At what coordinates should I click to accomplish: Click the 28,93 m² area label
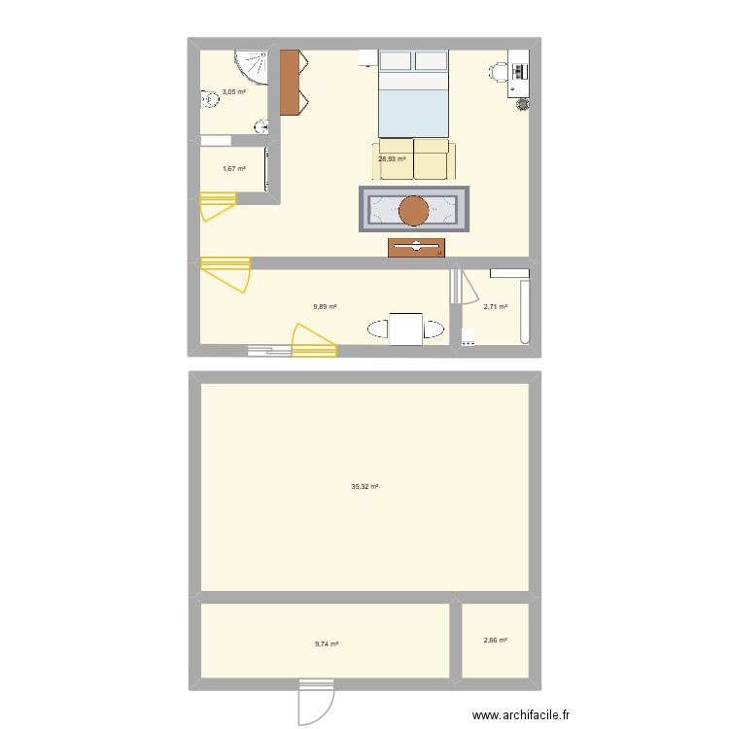392,158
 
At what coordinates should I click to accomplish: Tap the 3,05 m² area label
233,92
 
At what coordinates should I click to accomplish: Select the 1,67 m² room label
233,169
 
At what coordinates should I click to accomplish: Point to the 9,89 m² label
325,306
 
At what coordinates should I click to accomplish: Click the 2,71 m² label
496,307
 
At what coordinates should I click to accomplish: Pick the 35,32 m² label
364,486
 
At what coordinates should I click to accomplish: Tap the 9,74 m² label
326,643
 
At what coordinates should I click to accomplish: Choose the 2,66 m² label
496,640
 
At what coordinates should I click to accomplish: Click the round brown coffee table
414,210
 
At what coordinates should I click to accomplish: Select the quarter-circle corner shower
254,65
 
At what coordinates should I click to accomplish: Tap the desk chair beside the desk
500,71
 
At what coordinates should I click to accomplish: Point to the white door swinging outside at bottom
316,705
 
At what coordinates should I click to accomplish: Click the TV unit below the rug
416,248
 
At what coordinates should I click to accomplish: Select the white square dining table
405,329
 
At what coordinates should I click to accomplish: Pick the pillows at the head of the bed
413,62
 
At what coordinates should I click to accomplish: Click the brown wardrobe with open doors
290,83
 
